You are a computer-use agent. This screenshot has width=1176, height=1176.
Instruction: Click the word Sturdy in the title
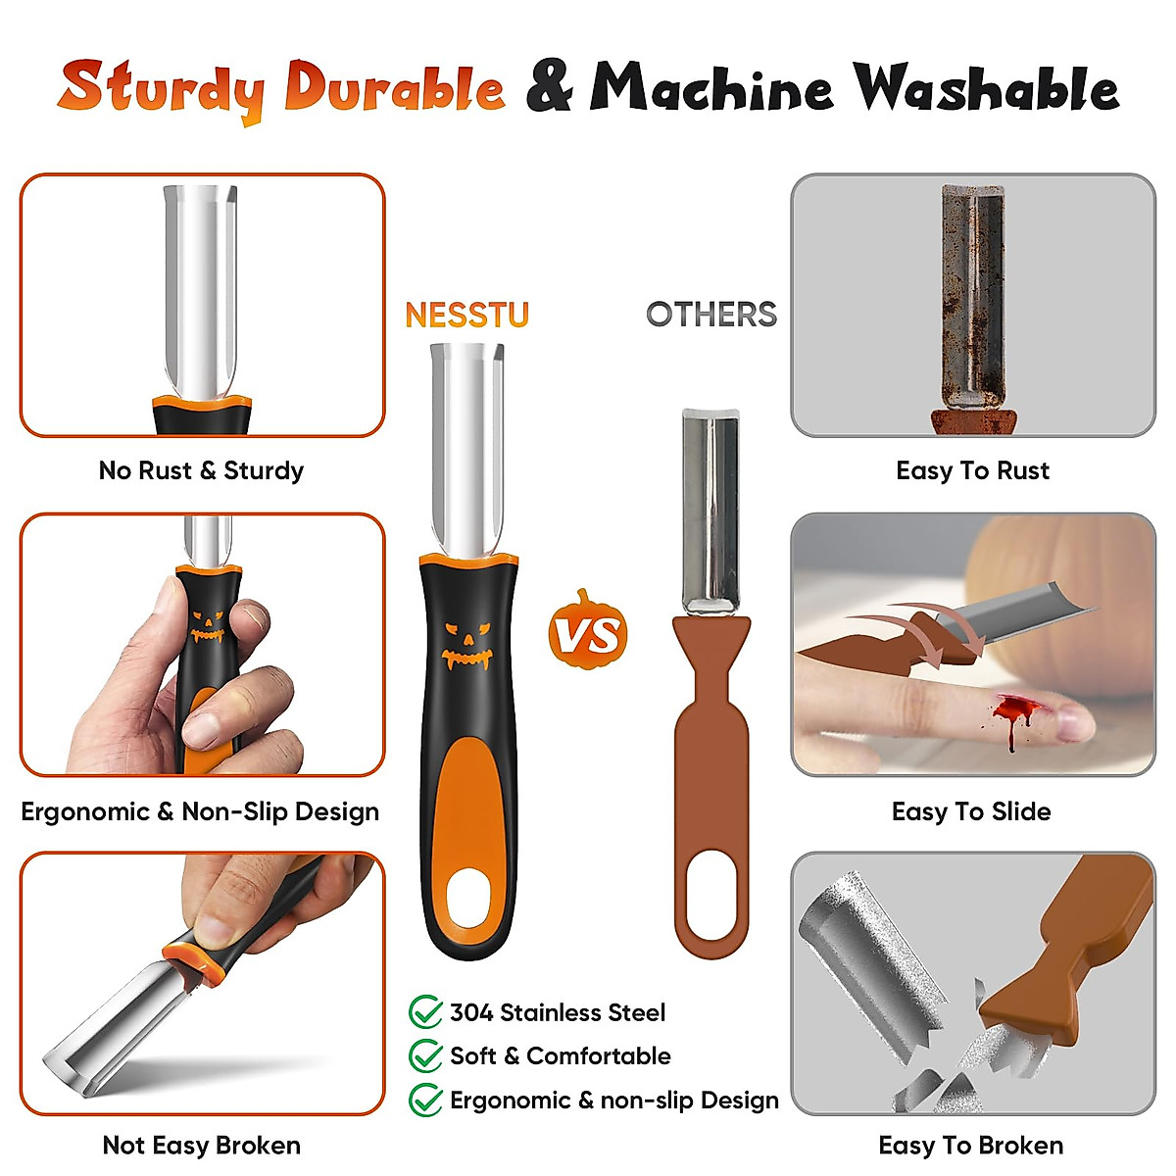[x=161, y=88]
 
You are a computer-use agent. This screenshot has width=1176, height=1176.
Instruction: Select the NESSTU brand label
[x=466, y=315]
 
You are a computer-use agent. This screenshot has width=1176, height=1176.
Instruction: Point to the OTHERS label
[x=710, y=315]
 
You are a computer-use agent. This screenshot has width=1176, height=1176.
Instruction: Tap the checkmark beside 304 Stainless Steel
[x=425, y=1011]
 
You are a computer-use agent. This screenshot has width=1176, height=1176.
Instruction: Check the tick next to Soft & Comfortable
[x=425, y=1055]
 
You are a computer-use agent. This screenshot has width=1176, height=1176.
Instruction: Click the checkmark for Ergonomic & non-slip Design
[x=425, y=1100]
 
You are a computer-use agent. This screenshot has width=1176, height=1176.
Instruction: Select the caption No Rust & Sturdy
[x=201, y=470]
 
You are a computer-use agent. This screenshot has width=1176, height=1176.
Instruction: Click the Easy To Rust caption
[x=972, y=470]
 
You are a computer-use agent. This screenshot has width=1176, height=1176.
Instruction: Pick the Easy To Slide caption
[x=971, y=811]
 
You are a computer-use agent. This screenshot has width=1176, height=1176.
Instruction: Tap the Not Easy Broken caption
[x=201, y=1145]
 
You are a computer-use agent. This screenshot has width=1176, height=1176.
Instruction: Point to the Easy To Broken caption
[x=970, y=1145]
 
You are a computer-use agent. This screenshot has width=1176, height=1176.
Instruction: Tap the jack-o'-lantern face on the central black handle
[x=465, y=646]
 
